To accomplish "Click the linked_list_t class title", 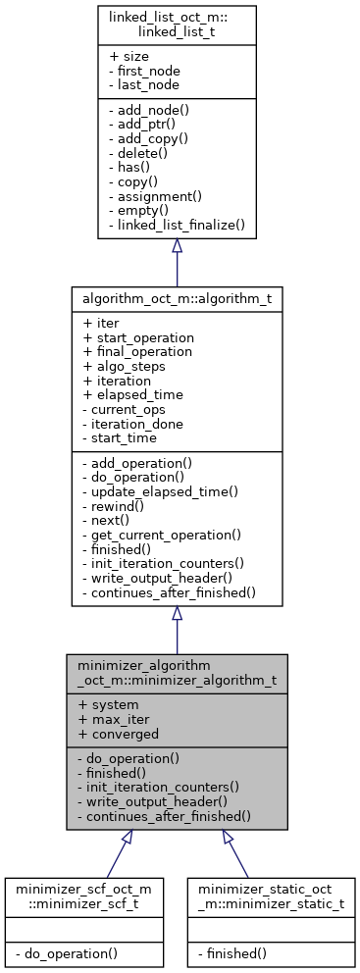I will (x=177, y=25).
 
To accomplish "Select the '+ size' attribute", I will (x=129, y=58).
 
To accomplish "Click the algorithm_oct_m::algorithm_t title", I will (x=177, y=295).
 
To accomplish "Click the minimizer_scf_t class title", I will (x=82, y=894).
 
